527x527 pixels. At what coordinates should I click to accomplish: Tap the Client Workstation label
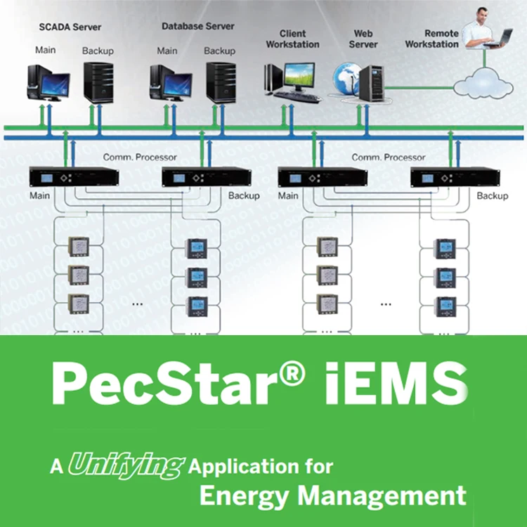point(293,39)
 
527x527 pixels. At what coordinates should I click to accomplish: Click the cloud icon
point(483,84)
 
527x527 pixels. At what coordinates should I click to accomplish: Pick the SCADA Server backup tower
point(98,83)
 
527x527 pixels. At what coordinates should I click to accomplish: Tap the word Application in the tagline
point(238,466)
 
